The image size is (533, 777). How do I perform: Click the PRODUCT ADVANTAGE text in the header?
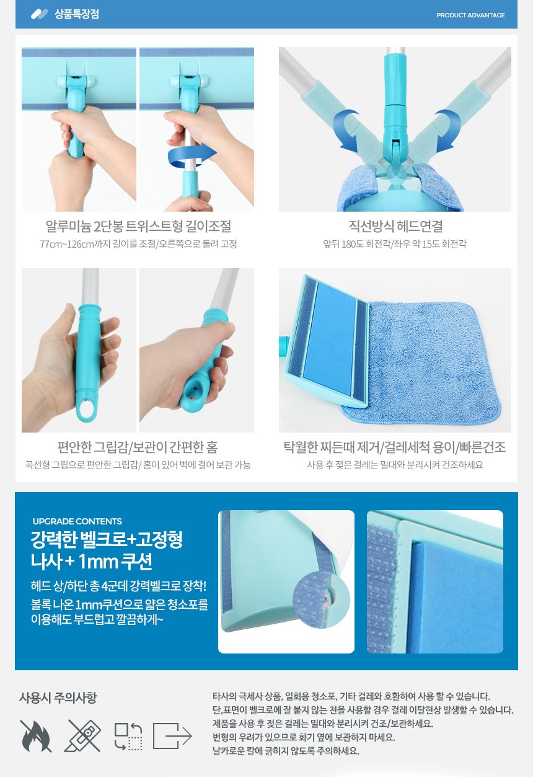[470, 16]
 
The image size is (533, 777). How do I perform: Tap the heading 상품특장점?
[76, 14]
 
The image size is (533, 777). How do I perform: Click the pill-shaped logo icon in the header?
[39, 14]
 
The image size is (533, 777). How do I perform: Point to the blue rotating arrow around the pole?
[192, 155]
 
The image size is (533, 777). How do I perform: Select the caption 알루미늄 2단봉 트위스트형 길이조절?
[138, 226]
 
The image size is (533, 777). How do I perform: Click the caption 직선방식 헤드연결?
[395, 226]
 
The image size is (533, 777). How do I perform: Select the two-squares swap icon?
[128, 737]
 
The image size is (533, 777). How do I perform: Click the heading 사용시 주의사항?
[58, 698]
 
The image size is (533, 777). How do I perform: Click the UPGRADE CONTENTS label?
[77, 521]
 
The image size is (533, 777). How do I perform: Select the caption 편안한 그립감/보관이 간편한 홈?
[138, 447]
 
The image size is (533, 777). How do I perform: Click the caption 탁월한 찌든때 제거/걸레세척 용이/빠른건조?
[395, 447]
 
